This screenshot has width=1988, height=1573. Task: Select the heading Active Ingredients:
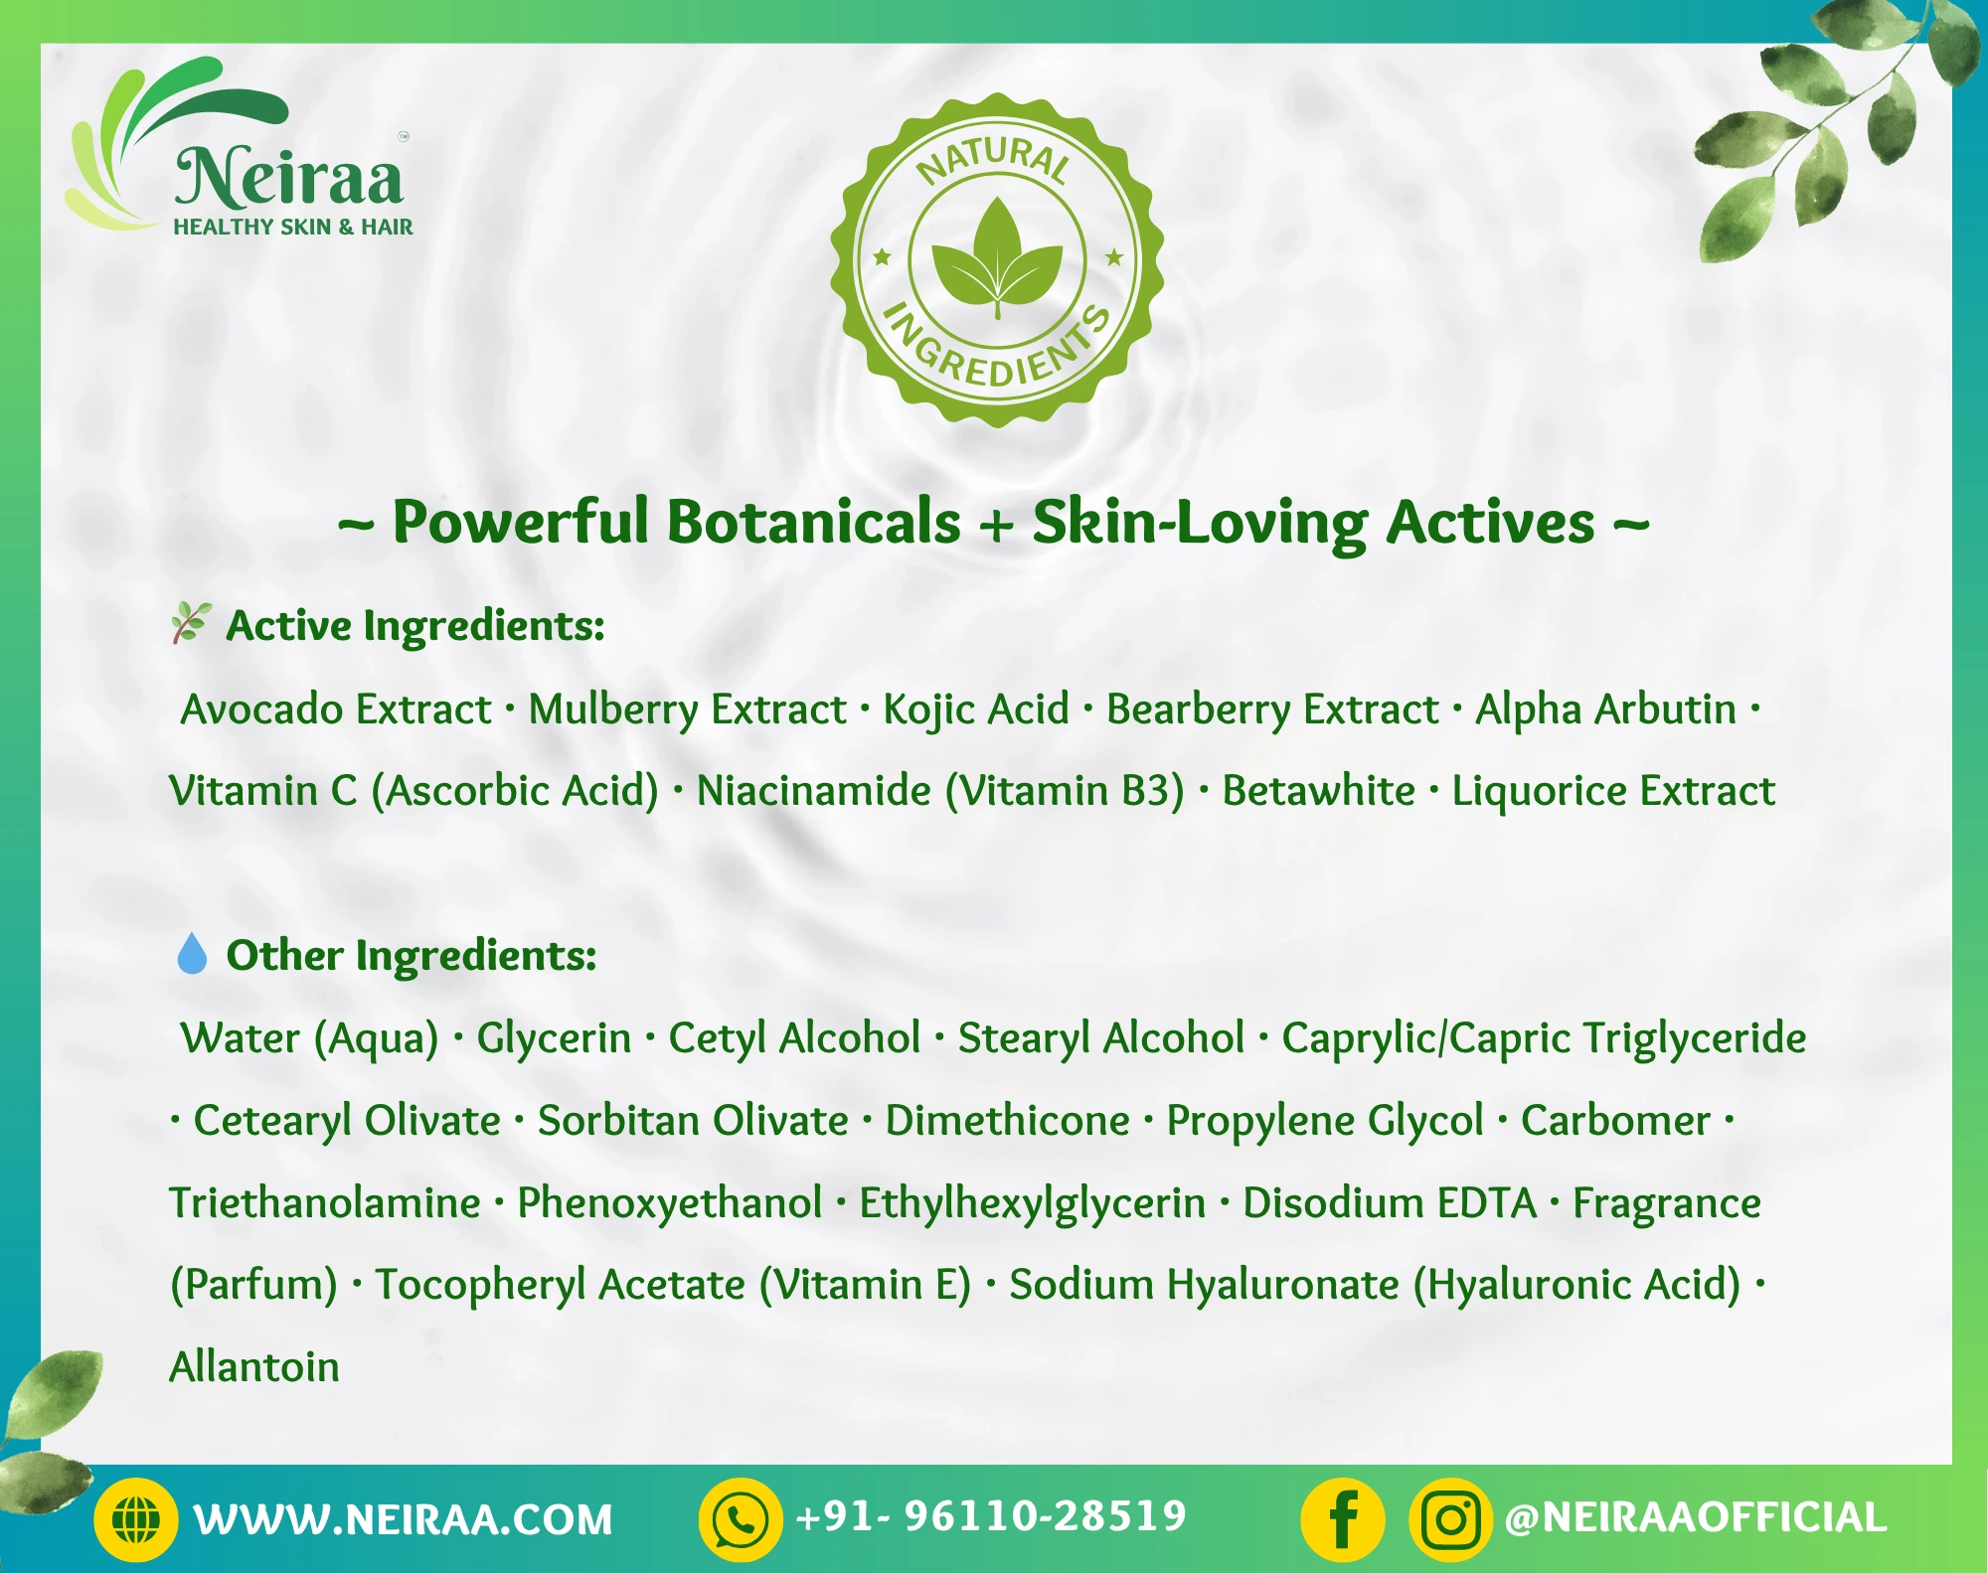point(415,626)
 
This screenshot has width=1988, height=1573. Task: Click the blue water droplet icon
point(191,953)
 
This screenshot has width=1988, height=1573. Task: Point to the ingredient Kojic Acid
point(976,709)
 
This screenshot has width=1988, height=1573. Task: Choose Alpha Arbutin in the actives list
point(1605,709)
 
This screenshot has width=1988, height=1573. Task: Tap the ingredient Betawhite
point(1318,791)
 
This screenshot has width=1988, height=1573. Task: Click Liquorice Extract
point(1613,791)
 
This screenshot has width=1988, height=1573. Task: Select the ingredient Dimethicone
point(1007,1121)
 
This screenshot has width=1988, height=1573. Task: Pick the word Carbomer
point(1615,1121)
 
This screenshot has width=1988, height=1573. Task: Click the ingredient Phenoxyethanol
point(669,1203)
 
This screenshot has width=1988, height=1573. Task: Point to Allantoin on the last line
point(254,1367)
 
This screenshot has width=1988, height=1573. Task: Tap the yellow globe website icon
point(136,1519)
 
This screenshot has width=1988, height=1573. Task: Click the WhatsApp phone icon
point(741,1519)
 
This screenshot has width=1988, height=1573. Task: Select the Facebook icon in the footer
point(1343,1519)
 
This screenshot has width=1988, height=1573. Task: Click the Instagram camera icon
point(1450,1519)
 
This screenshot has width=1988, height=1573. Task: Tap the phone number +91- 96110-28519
point(991,1516)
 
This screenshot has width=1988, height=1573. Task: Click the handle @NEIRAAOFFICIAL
point(1696,1517)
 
